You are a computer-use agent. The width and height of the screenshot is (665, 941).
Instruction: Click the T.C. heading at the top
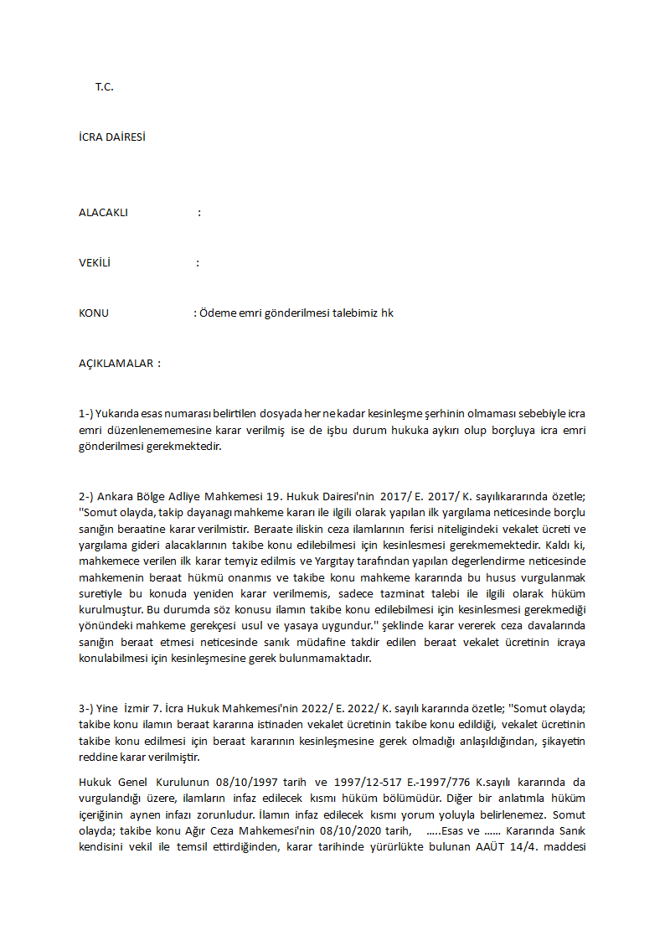coord(104,87)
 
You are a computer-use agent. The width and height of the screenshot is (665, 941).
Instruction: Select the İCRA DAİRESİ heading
coord(111,137)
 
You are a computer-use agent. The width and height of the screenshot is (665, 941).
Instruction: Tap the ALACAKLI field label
coord(103,213)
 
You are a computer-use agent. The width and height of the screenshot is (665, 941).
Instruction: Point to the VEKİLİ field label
coord(95,263)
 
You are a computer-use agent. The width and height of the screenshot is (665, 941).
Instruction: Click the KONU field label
coord(94,313)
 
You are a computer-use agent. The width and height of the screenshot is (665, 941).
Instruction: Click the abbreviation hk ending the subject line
coord(387,313)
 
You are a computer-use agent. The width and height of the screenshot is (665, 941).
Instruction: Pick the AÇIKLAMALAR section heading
coord(119,364)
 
